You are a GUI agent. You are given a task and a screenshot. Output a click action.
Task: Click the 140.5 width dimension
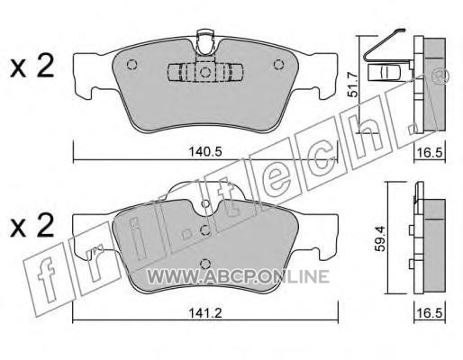(205, 152)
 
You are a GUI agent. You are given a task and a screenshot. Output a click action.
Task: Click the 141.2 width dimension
(205, 313)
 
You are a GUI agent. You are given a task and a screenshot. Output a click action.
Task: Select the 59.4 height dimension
(382, 238)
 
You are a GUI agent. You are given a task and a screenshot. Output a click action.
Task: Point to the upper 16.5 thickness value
(430, 153)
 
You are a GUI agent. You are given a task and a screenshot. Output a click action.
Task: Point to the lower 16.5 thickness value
(430, 313)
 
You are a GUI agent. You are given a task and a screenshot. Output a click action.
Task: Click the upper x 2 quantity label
(32, 67)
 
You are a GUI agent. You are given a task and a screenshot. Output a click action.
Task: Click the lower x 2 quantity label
(32, 226)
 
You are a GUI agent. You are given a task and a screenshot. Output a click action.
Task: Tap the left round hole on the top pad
(132, 65)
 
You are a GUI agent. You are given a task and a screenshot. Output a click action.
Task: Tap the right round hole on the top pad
(278, 65)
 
